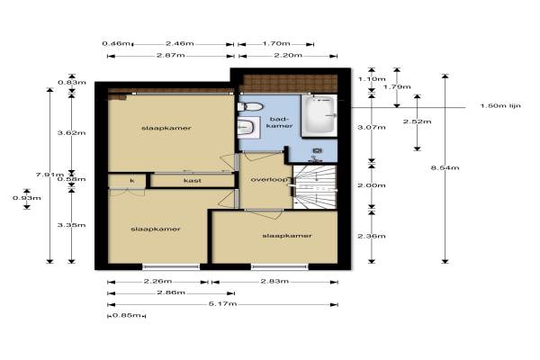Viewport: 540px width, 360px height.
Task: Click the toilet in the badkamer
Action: (250, 106)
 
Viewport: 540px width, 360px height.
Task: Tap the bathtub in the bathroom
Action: (319, 116)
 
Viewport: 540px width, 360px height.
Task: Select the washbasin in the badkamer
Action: (248, 128)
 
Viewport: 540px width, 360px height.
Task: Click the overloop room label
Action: (269, 179)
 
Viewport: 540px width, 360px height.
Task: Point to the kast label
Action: (193, 181)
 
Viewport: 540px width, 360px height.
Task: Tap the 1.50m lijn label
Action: (500, 106)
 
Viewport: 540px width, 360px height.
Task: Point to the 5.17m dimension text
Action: (222, 304)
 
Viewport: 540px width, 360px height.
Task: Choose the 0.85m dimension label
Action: (127, 315)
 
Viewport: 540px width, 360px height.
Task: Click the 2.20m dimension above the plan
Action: (288, 55)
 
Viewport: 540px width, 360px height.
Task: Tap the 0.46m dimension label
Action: (116, 44)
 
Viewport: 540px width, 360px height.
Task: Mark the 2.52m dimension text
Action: (417, 121)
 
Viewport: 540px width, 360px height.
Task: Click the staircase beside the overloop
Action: (314, 186)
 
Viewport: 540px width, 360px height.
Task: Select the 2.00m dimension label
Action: (371, 185)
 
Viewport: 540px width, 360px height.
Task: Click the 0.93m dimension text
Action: (27, 198)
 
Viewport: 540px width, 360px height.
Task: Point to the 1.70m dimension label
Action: (276, 44)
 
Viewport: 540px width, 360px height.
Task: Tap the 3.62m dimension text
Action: (71, 133)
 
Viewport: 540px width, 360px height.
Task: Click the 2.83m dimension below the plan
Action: (274, 281)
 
